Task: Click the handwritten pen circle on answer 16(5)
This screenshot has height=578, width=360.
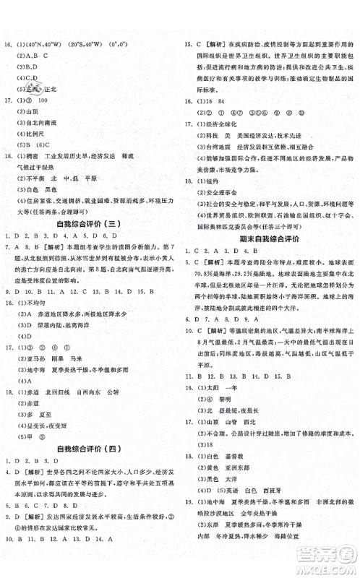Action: pyautogui.click(x=33, y=88)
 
